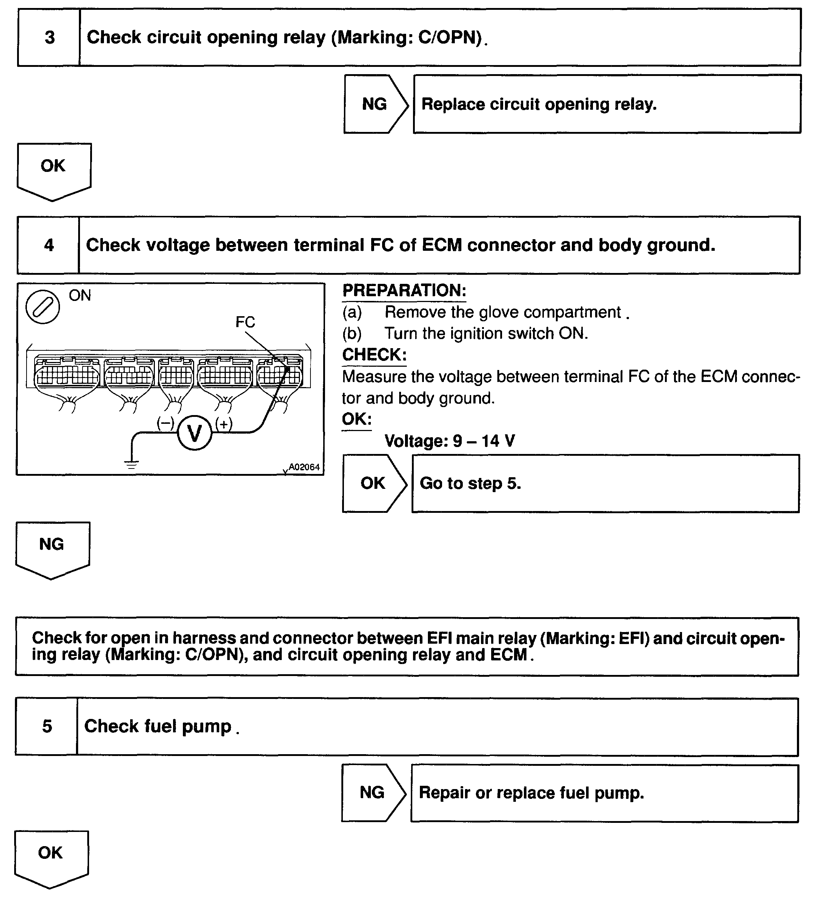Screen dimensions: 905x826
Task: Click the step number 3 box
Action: point(49,37)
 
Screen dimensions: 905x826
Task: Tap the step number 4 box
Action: point(48,245)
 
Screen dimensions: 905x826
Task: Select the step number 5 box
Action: point(47,726)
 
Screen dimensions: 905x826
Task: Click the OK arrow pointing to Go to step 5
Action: point(373,483)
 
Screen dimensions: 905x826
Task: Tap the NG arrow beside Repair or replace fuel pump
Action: point(372,793)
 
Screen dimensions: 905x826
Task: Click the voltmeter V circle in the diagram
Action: point(195,433)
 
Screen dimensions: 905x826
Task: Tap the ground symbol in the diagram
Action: point(131,464)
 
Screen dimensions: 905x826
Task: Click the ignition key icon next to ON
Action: point(43,307)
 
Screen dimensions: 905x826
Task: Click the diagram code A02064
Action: point(304,467)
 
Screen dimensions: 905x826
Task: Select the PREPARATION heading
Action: point(404,290)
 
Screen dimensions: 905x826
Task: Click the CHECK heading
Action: point(374,355)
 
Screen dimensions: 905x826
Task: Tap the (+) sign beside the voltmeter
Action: point(224,423)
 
